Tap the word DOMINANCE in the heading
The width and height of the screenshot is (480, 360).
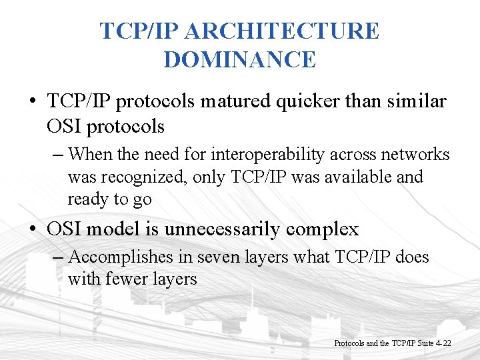(x=240, y=60)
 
